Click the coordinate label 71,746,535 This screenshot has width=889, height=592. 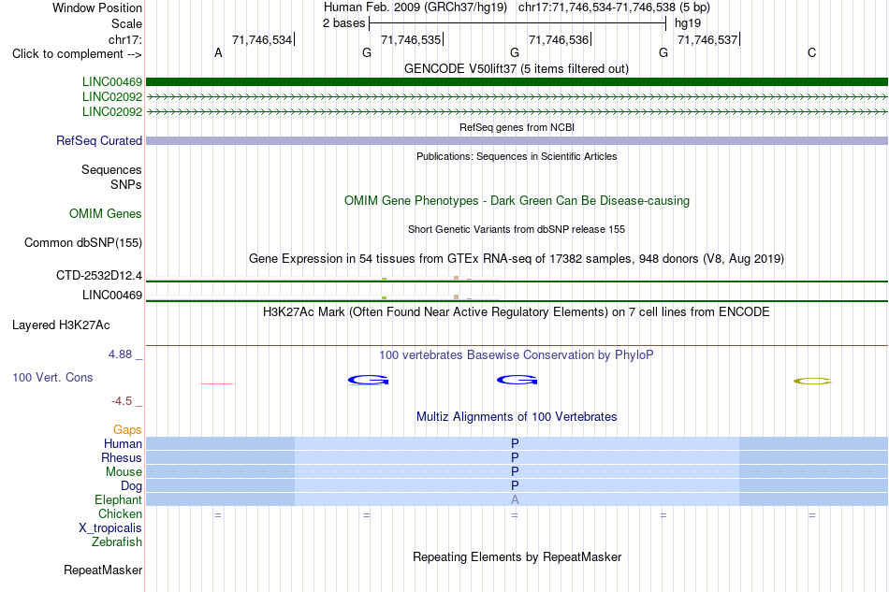pos(411,39)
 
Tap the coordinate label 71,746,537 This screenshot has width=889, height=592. pos(707,39)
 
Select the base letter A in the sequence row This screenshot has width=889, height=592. pos(218,53)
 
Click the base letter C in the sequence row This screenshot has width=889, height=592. pos(812,53)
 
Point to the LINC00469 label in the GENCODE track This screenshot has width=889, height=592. pos(112,82)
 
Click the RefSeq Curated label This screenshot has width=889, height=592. pos(99,140)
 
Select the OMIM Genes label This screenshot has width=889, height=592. pos(106,213)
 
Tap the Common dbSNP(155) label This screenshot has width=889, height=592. pos(82,242)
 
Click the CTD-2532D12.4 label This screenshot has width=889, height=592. pos(99,275)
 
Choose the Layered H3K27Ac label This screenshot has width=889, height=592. pos(61,325)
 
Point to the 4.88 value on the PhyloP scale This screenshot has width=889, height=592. pos(120,354)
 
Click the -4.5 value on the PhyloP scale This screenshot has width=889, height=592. pos(122,401)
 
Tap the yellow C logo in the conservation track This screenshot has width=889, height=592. pos(812,382)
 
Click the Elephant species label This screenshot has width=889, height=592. pos(118,499)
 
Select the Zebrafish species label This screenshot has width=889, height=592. pos(117,542)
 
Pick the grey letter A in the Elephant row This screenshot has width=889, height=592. pos(515,499)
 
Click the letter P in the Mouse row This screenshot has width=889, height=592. pos(515,471)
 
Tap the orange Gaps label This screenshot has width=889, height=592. pos(127,430)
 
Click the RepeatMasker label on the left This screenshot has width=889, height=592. pos(103,570)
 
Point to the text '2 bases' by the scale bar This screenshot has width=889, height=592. pos(344,23)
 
